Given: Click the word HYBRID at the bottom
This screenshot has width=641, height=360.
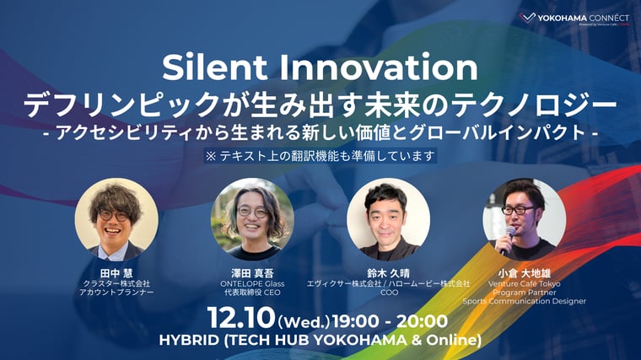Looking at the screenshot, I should click(190, 341).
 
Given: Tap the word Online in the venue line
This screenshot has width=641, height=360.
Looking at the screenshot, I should click(450, 341).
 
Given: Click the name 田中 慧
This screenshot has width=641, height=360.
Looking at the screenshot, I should click(116, 272).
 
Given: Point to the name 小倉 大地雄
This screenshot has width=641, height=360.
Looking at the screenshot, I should click(524, 272).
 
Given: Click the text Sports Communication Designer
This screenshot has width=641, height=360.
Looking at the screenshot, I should click(524, 301).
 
